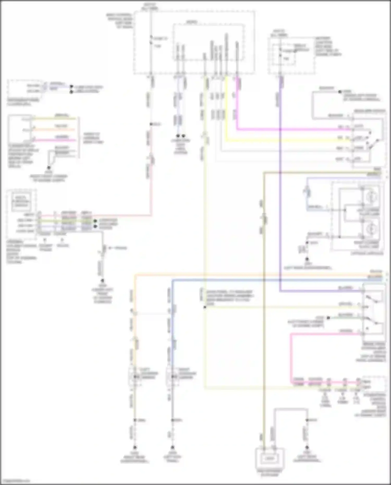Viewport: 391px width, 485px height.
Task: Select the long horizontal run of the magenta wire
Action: pyautogui.click(x=295, y=129)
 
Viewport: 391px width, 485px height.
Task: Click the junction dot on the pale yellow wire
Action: pyautogui.click(x=205, y=307)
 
